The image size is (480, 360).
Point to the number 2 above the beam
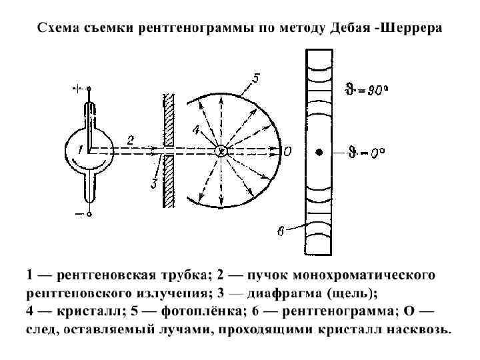131,140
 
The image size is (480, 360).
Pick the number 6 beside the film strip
281,231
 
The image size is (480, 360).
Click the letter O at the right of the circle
287,151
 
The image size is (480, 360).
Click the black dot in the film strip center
319,152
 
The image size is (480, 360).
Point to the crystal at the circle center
222,151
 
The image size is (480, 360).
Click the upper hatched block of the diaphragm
169,120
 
